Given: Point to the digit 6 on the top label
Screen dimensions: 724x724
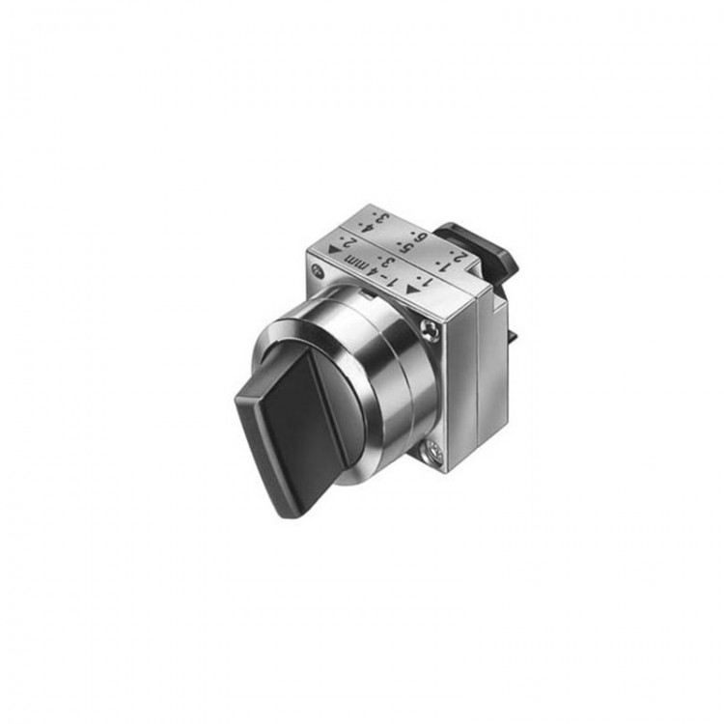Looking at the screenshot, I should click(x=418, y=237).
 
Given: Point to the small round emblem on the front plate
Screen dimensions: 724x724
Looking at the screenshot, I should click(x=319, y=272).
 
